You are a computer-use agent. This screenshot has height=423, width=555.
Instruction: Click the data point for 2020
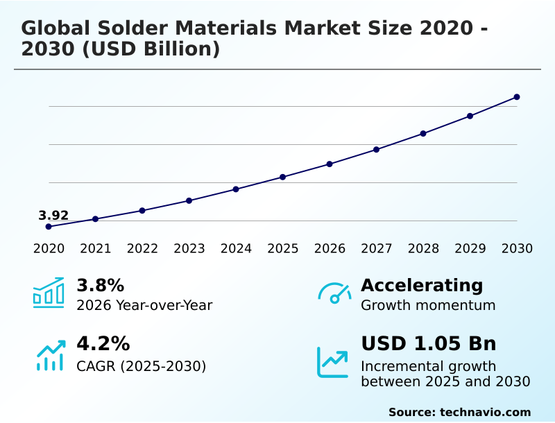(x=49, y=227)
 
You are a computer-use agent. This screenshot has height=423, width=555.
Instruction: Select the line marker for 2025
(x=283, y=177)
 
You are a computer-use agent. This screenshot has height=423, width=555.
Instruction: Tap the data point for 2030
(x=517, y=97)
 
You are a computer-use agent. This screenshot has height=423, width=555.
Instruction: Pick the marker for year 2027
(x=376, y=149)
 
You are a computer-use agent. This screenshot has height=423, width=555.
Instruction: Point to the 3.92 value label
(x=53, y=216)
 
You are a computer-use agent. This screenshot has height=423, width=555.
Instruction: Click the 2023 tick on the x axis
(x=189, y=249)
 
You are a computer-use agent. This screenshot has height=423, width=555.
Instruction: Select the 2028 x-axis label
(x=423, y=249)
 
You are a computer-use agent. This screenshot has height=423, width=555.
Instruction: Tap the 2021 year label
(x=95, y=249)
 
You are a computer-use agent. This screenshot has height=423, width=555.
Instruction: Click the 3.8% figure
(x=100, y=286)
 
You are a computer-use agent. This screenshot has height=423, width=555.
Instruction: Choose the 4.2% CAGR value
(x=103, y=344)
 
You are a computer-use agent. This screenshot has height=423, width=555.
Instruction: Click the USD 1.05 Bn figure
(x=428, y=344)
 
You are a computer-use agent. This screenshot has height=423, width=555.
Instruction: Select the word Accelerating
(x=422, y=286)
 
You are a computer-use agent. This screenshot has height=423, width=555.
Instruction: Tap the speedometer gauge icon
(x=334, y=293)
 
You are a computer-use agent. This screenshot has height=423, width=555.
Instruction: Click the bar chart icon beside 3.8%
(x=49, y=293)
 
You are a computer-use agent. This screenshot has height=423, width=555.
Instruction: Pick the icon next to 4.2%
(x=50, y=355)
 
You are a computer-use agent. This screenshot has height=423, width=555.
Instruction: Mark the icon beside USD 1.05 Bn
(x=333, y=362)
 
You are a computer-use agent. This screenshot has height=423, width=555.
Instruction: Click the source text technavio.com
(x=485, y=412)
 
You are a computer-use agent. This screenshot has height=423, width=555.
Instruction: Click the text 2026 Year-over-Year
(x=144, y=305)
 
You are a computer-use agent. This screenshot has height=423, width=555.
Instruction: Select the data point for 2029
(x=470, y=116)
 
